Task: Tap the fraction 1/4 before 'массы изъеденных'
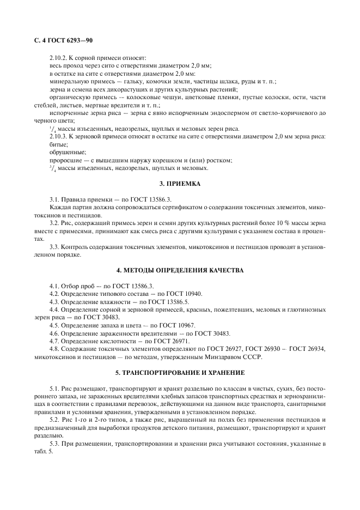point(52,129)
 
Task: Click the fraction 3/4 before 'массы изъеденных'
point(52,168)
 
